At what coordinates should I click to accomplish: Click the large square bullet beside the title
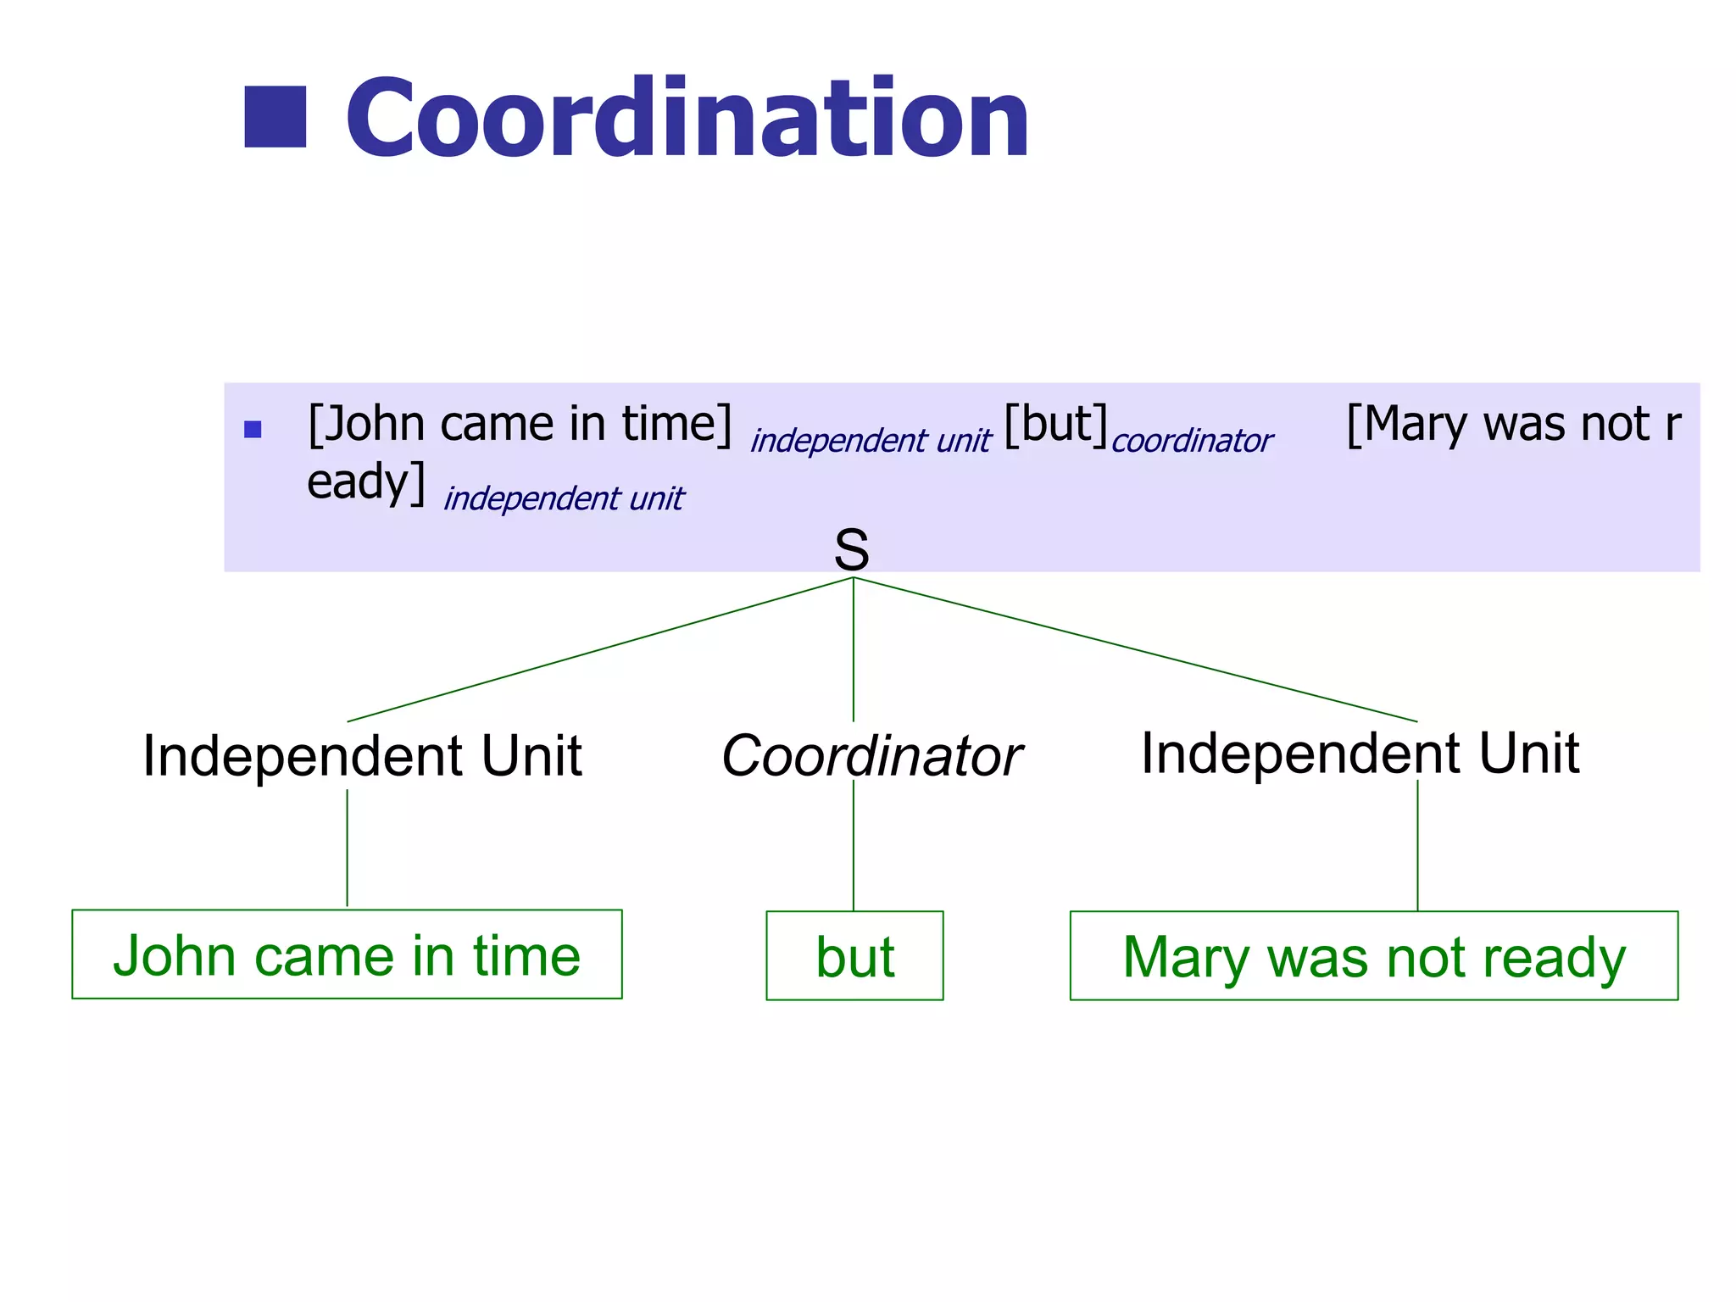pos(275,117)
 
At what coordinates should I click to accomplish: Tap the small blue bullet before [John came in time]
pos(253,429)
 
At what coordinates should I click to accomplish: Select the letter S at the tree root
pos(852,549)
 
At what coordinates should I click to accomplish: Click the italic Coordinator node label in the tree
pos(871,755)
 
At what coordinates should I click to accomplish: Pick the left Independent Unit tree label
pos(362,755)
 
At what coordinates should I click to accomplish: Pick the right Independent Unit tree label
pos(1360,753)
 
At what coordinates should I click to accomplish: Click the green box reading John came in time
pos(347,954)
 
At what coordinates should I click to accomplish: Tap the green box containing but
pos(854,956)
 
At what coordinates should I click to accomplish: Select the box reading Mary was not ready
pos(1373,956)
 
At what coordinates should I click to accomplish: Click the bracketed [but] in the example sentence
pos(1055,424)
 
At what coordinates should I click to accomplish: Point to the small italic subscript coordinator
pos(1192,441)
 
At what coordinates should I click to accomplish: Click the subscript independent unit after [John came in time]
pos(870,441)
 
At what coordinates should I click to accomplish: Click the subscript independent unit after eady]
pos(564,498)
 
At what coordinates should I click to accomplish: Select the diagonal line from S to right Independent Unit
pos(1136,650)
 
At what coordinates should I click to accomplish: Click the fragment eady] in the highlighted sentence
pos(365,482)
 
